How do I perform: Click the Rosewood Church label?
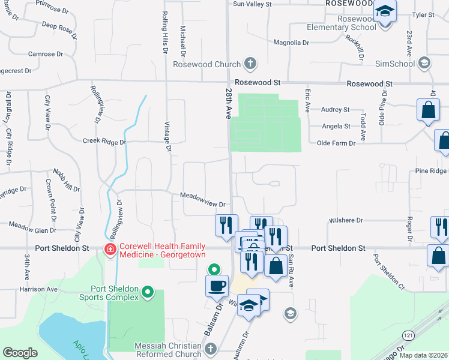[x=207, y=64]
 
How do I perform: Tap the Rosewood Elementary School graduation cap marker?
[x=384, y=12]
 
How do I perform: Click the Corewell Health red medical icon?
[x=110, y=249]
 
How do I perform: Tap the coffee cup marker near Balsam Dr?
[x=217, y=286]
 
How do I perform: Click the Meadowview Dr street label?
[x=203, y=205]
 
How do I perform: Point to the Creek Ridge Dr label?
[x=104, y=142]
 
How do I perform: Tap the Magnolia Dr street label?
[x=291, y=43]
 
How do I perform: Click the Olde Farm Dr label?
[x=336, y=143]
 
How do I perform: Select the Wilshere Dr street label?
[x=346, y=220]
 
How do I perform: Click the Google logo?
[x=20, y=353]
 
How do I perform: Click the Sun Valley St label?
[x=252, y=4]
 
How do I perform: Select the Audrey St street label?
[x=336, y=110]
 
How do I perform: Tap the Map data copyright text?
[x=423, y=355]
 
